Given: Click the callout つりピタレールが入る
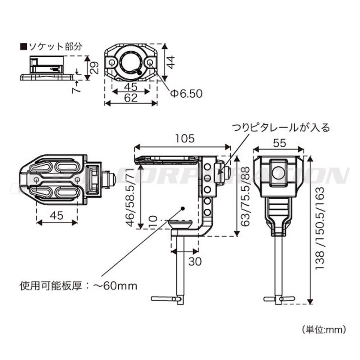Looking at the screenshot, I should [280, 128].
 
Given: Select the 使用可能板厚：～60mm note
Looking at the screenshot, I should [78, 286].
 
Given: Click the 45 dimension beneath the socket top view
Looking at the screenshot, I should [130, 87].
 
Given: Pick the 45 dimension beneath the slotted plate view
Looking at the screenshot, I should [56, 216].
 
